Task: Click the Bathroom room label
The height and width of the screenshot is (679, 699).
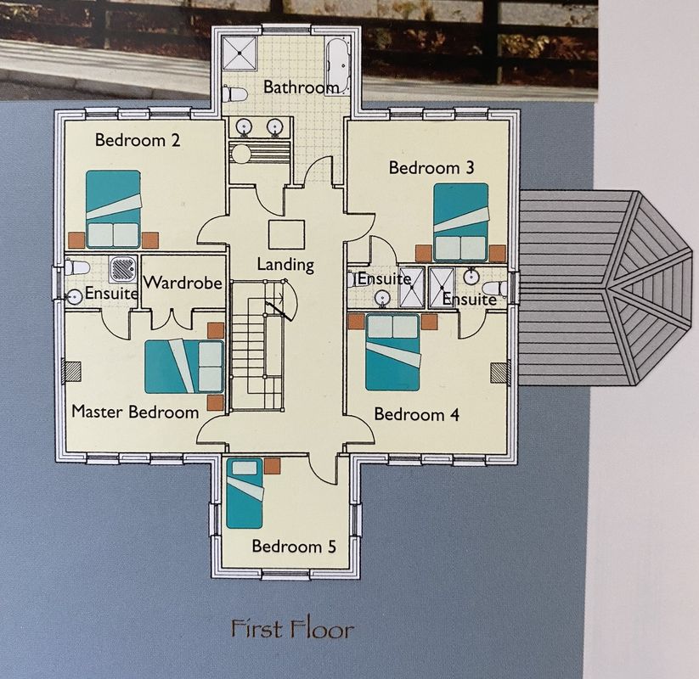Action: (301, 87)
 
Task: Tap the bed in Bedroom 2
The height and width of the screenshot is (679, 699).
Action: (113, 209)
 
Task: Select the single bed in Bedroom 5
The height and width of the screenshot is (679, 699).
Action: (245, 493)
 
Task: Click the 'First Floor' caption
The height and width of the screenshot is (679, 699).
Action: (292, 629)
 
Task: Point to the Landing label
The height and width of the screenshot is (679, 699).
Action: (285, 265)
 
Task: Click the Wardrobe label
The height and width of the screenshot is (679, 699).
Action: (183, 283)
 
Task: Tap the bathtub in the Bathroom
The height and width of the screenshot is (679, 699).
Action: (338, 65)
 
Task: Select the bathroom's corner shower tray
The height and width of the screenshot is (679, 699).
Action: (240, 53)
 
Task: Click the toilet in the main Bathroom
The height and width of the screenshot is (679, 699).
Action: (235, 93)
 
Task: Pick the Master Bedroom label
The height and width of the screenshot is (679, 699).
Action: (135, 412)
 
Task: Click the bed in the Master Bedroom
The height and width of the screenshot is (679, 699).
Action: (183, 367)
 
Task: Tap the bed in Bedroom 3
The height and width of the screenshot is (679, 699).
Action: (461, 222)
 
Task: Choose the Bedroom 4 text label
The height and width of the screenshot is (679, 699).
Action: (416, 414)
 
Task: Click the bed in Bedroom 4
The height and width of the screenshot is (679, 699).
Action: (392, 352)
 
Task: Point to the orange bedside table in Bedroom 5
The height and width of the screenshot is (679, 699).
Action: (272, 466)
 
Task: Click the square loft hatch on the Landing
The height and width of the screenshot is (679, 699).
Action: (286, 234)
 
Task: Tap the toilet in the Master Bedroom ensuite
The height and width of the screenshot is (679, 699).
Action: (77, 267)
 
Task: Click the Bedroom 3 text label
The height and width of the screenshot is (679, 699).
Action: (431, 168)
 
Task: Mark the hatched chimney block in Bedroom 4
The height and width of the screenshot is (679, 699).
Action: (499, 373)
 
